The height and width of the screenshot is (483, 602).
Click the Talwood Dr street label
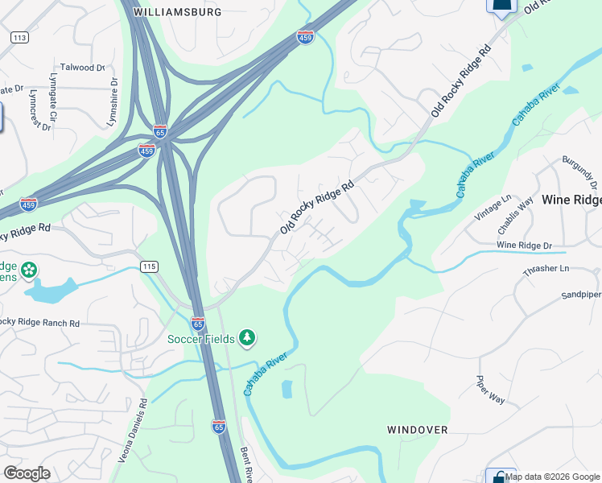coord(83,68)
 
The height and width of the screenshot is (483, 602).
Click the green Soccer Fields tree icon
coord(248,336)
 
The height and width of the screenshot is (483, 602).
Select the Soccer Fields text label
coord(201,337)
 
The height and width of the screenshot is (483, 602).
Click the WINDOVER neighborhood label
coord(417,430)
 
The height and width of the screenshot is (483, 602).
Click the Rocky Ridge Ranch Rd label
coord(40,323)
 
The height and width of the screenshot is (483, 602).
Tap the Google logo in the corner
coord(27,473)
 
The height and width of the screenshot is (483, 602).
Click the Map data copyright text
coord(552,477)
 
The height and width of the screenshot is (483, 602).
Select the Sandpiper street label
coord(581,295)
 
